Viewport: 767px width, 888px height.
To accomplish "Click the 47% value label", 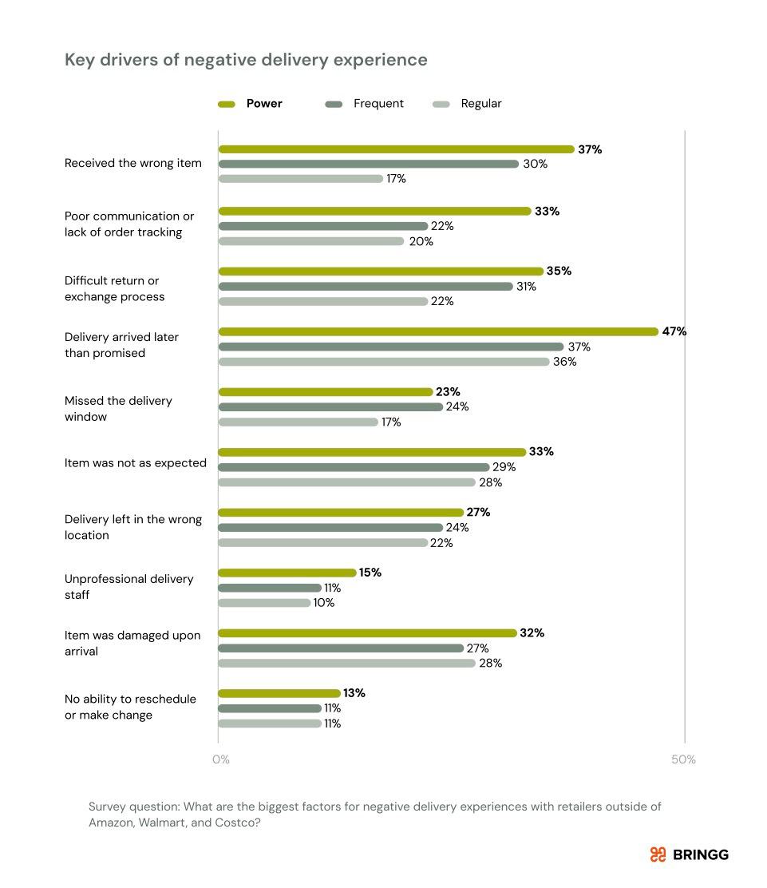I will [x=674, y=331].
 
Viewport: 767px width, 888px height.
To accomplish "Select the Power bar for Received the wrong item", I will [x=396, y=149].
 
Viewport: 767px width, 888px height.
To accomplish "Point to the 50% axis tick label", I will [x=683, y=759].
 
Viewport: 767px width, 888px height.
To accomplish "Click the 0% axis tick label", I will [x=221, y=759].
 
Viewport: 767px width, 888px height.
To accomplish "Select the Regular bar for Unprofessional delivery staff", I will [x=264, y=603].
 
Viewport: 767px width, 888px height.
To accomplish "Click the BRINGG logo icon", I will [x=658, y=854].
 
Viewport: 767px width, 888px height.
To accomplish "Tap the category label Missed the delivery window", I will [x=118, y=408].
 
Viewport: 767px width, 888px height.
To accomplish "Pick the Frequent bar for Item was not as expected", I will [x=354, y=467].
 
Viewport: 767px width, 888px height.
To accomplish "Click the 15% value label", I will [x=370, y=573].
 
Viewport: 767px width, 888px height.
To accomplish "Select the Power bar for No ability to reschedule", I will [x=279, y=693].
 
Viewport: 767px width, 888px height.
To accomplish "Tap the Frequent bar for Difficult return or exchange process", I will [x=366, y=286].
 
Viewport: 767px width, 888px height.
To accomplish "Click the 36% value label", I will [x=565, y=362].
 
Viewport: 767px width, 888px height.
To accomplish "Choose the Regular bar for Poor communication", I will [x=311, y=241].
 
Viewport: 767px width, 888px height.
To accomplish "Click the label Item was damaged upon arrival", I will [x=132, y=643].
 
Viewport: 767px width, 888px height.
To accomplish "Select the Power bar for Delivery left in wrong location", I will [x=341, y=512].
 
